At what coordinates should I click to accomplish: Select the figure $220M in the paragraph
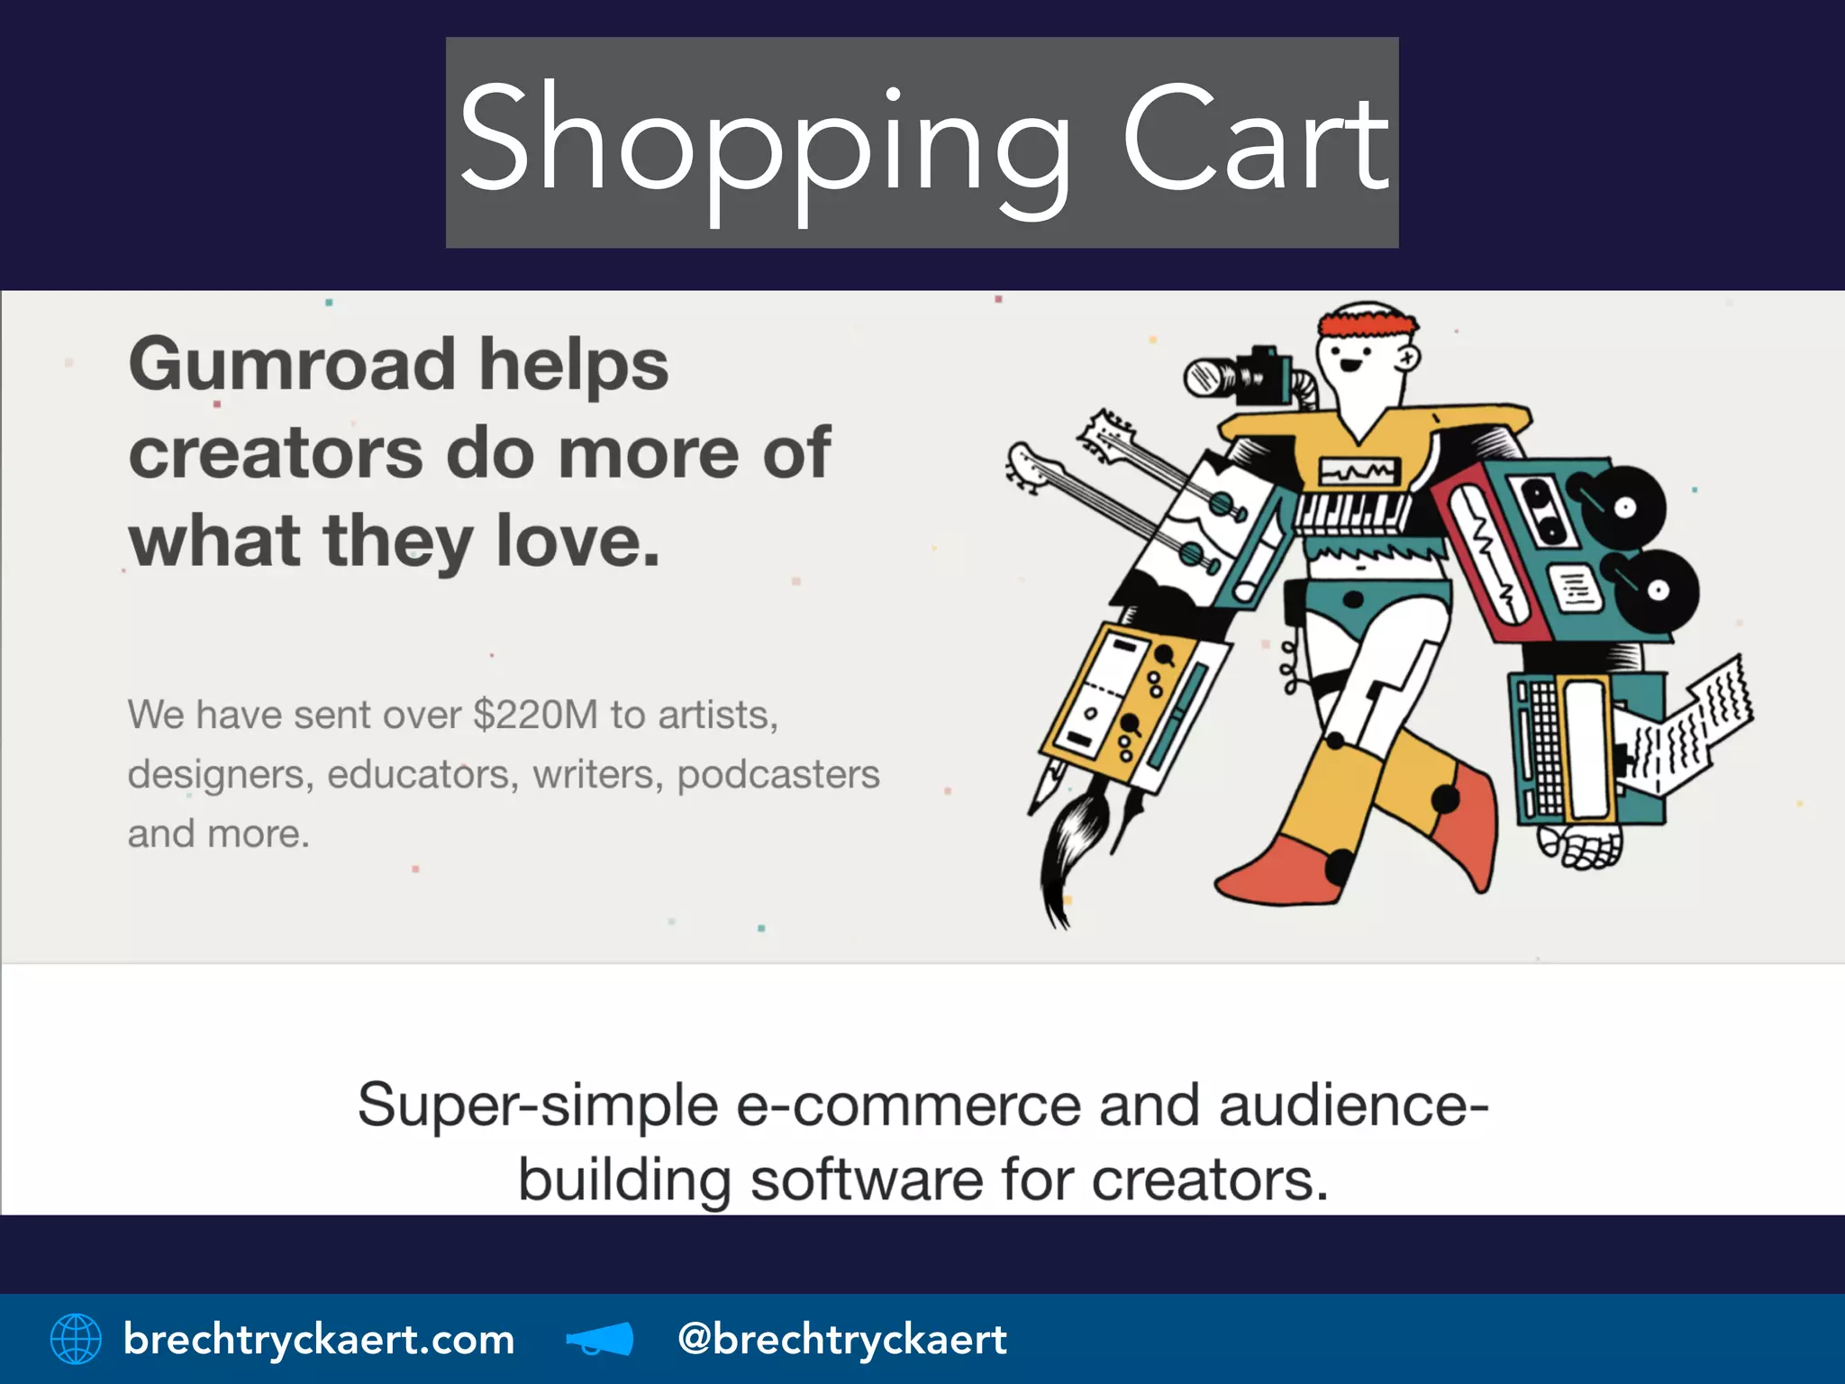coord(535,715)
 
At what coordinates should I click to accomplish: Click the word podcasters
coord(777,775)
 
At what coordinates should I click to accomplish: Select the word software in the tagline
coord(866,1179)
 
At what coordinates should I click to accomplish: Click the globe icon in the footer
coord(76,1338)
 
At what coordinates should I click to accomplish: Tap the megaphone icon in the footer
coord(600,1339)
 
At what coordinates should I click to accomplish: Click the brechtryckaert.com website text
coord(319,1339)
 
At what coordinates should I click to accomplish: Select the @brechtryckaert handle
coord(841,1339)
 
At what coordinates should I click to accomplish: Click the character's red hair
coord(1367,323)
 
